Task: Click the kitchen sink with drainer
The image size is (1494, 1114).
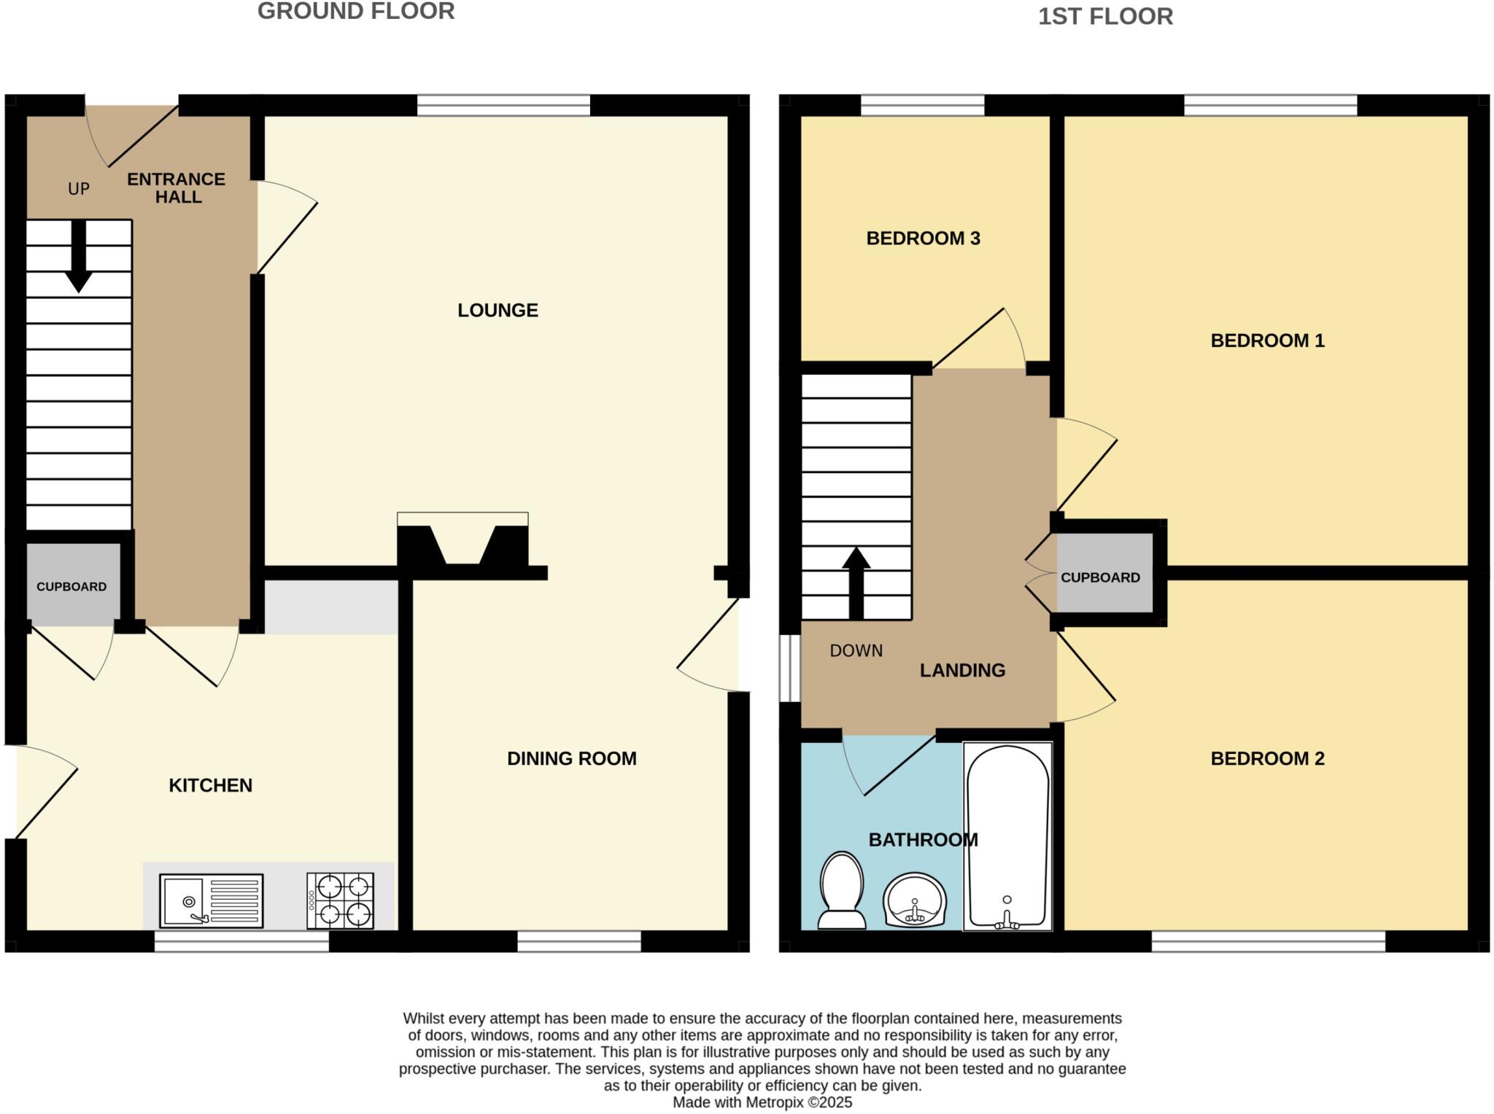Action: coord(211,900)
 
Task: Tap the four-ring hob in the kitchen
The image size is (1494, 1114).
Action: coord(341,900)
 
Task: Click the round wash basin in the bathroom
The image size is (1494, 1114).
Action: coord(915,900)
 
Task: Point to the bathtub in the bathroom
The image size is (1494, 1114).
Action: coord(1007,836)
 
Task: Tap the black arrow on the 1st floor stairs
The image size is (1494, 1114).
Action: coord(856,583)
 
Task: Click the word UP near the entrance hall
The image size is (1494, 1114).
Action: coord(79,190)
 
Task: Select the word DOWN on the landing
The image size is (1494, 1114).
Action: coord(856,650)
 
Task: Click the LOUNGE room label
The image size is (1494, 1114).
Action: coord(498,311)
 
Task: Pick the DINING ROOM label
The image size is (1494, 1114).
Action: coord(571,759)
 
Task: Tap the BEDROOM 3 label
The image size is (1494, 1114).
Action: coord(923,238)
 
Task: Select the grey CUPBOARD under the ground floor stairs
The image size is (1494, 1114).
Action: coord(72,585)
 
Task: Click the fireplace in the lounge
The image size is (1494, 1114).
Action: coord(462,543)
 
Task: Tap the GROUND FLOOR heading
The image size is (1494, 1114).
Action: coord(356,12)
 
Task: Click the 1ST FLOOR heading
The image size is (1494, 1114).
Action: coord(1105,16)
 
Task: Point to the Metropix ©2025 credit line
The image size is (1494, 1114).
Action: coord(762,1102)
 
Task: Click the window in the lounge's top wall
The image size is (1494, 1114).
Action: coord(503,106)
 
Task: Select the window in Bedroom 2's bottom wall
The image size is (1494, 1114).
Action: coord(1268,941)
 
